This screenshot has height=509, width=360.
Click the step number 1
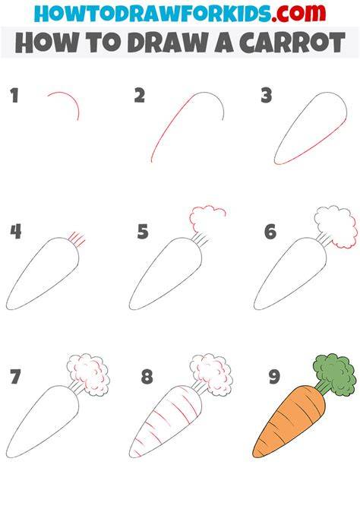[14, 96]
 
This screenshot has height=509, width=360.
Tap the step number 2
[139, 96]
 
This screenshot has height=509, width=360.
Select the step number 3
[266, 96]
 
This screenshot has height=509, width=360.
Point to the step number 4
[16, 232]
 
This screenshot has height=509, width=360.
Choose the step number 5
[143, 232]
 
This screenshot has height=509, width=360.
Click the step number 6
[270, 232]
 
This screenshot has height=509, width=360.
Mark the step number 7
[15, 377]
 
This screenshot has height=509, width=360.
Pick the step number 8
[147, 377]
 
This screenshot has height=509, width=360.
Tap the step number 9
[274, 377]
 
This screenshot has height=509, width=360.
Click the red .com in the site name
[298, 13]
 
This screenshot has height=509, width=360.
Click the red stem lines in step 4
[77, 239]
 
